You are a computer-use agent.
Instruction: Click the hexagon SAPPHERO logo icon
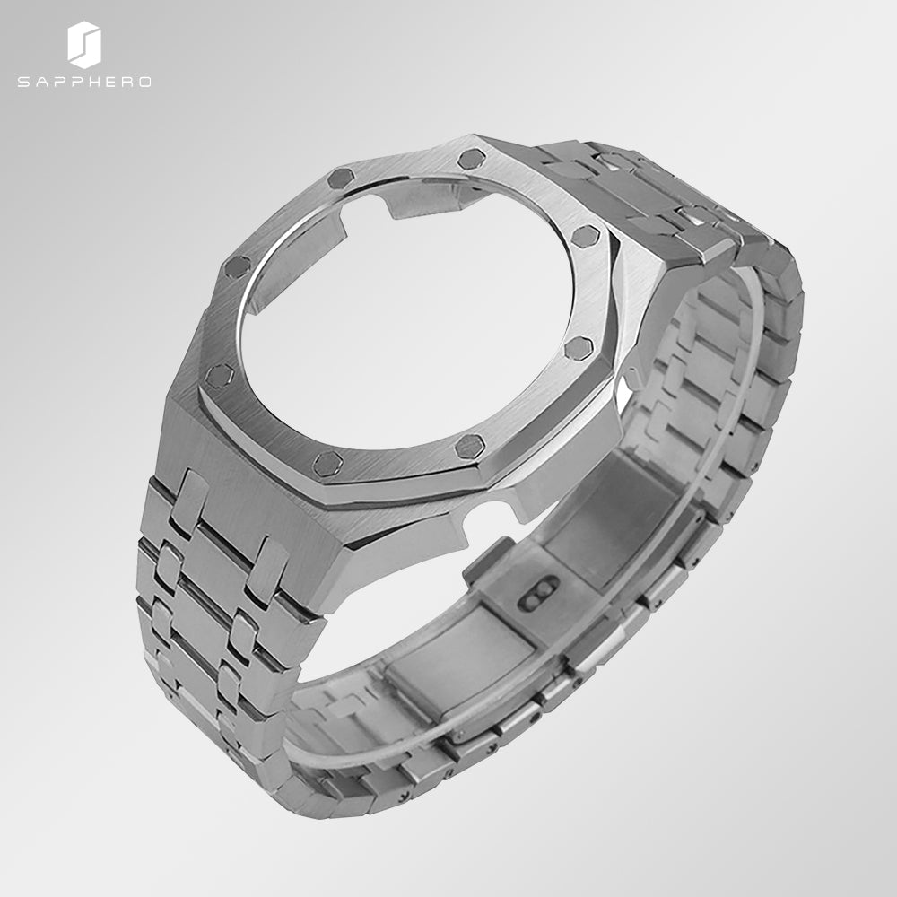(83, 45)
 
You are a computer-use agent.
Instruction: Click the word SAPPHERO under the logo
(83, 82)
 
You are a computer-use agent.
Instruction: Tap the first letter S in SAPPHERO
(22, 82)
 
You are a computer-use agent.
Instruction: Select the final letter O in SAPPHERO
(145, 82)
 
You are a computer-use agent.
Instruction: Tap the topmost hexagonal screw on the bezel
(470, 160)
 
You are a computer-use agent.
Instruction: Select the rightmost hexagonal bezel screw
(585, 236)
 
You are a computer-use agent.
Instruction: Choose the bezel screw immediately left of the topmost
(341, 177)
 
